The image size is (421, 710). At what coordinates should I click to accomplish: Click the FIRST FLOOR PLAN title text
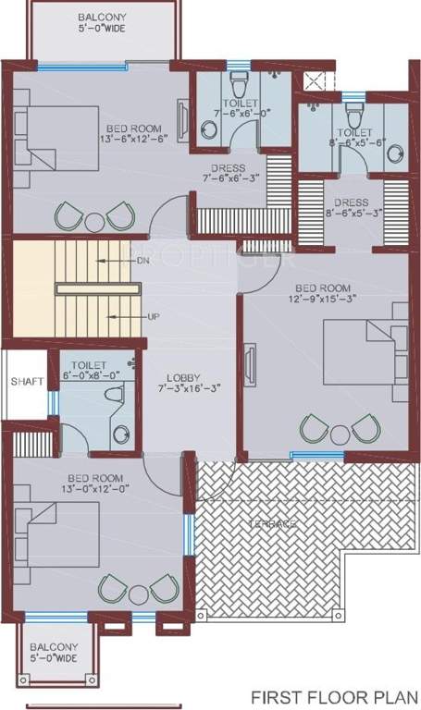pos(337,695)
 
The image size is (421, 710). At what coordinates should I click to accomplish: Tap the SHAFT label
pos(26,381)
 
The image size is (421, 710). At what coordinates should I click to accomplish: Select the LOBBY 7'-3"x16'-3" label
pos(185,383)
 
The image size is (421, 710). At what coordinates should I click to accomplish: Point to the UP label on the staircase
pos(152,316)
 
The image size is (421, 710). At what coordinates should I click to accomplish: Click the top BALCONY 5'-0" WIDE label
pos(103,23)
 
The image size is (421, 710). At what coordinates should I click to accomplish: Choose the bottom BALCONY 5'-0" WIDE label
pos(52,653)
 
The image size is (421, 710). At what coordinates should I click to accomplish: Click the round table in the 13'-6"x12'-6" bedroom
pos(94,221)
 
